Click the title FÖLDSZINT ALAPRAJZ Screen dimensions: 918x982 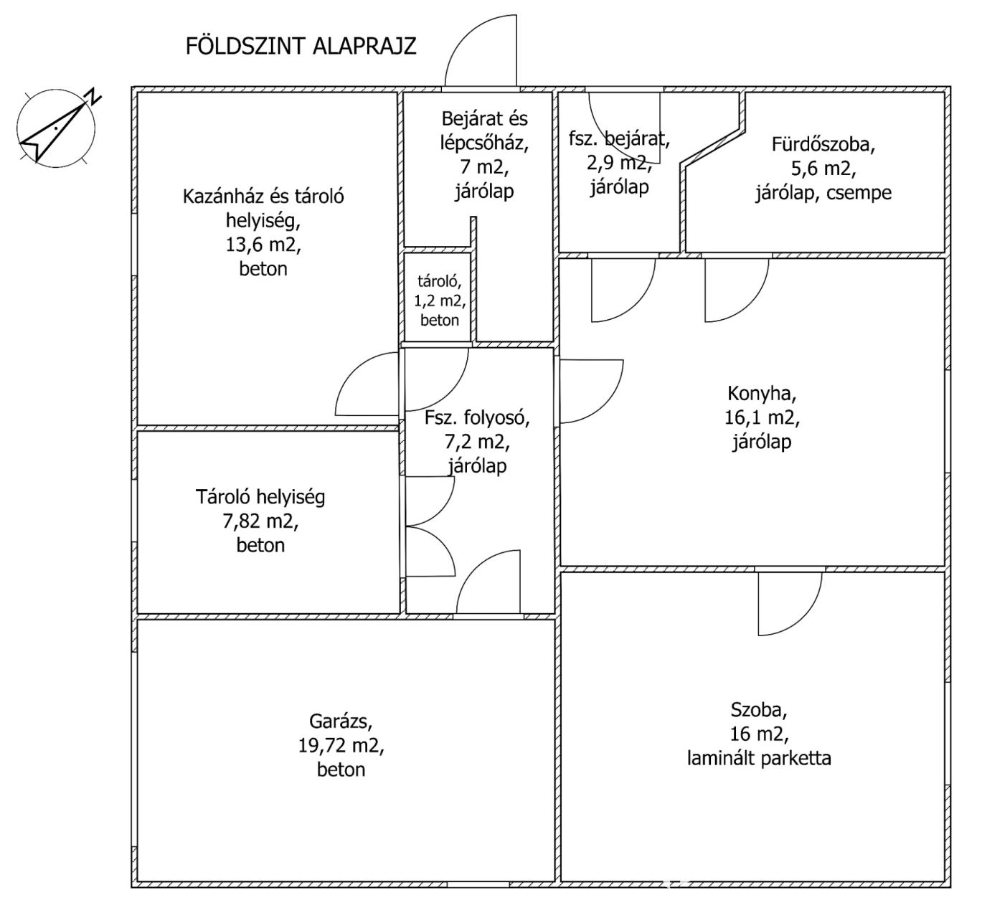click(x=301, y=46)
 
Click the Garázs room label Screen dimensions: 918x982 click(x=341, y=721)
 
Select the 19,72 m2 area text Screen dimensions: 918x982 click(x=341, y=745)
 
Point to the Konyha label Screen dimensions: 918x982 click(x=762, y=393)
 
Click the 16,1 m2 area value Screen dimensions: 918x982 click(x=762, y=417)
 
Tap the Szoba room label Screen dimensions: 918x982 click(x=759, y=710)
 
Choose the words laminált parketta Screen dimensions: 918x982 click(x=759, y=758)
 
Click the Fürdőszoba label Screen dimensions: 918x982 click(x=823, y=144)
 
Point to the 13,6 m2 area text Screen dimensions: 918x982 click(x=263, y=245)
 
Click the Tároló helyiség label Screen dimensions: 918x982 click(x=260, y=496)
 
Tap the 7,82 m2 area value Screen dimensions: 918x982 click(x=260, y=521)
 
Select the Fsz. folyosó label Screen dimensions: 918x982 click(x=477, y=417)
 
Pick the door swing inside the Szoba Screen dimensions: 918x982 click(x=789, y=605)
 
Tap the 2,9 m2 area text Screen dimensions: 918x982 click(x=618, y=164)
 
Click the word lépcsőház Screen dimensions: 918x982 click(x=484, y=143)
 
